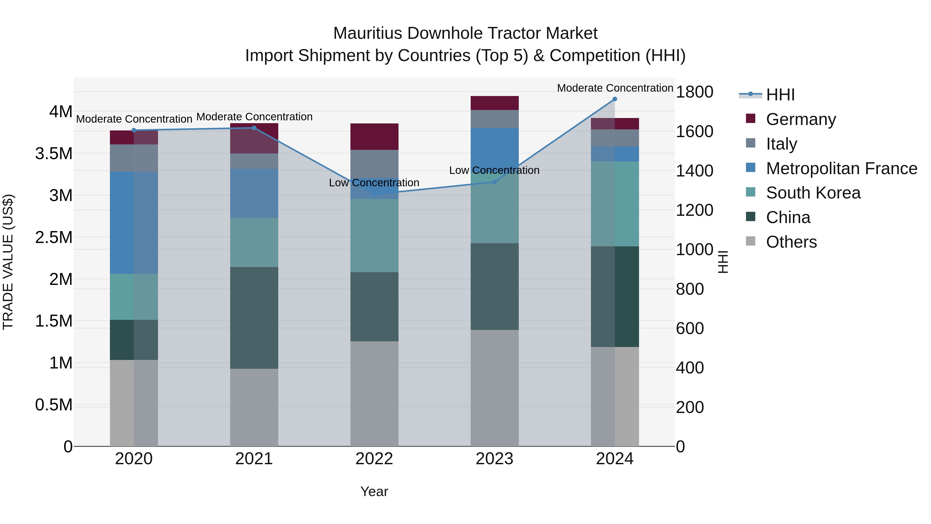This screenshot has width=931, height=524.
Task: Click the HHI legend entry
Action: tap(780, 95)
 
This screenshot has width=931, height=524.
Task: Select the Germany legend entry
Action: tap(800, 119)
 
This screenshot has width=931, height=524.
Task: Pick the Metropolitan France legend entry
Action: tap(841, 168)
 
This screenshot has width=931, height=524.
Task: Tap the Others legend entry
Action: tap(791, 242)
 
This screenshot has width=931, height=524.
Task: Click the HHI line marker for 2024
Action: tap(615, 99)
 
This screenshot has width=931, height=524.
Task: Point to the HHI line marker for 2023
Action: tap(494, 182)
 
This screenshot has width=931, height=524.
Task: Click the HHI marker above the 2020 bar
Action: tap(134, 130)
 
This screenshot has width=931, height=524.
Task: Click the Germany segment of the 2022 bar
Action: tap(374, 136)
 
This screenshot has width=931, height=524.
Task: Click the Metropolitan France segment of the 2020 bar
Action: tap(134, 222)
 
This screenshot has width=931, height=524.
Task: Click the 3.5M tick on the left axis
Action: tap(54, 154)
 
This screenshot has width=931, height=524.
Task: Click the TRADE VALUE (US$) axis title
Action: tap(8, 262)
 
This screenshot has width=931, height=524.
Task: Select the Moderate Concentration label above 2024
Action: tap(615, 88)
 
